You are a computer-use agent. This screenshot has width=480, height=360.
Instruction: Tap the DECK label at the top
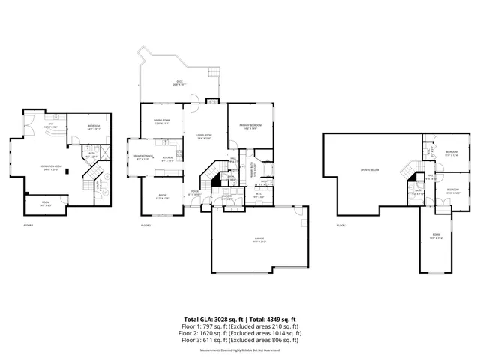179,81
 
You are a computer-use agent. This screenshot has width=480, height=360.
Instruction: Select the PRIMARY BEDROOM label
250,126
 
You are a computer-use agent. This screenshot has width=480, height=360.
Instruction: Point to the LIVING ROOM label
204,136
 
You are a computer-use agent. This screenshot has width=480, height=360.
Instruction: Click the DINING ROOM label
162,121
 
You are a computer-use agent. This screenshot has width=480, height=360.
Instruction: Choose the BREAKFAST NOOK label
144,157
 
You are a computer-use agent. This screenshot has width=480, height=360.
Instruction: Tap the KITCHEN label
168,157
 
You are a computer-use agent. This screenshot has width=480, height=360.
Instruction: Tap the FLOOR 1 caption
28,225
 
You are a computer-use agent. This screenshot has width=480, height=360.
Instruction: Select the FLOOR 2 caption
146,225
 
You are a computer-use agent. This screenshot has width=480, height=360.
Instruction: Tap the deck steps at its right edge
213,74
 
